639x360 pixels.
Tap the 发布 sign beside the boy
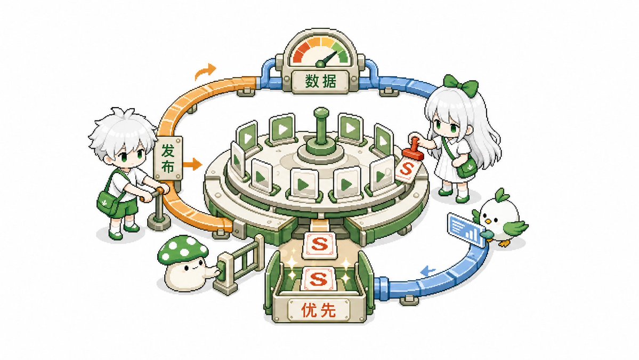click(x=168, y=158)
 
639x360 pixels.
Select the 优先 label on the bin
click(x=319, y=311)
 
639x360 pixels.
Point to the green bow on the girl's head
click(x=460, y=85)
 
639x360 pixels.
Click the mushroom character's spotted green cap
click(x=182, y=250)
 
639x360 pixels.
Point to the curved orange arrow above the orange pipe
click(x=205, y=71)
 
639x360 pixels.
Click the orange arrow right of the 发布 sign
click(x=192, y=164)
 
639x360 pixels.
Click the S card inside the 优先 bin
click(x=318, y=279)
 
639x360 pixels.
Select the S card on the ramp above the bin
click(x=320, y=245)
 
